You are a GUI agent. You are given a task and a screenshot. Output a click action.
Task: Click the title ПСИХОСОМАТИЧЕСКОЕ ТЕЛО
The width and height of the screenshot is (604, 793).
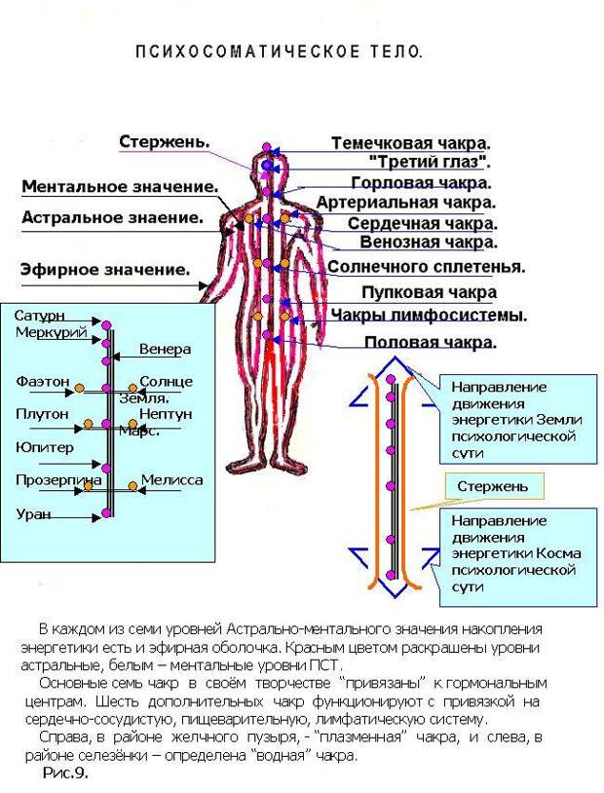(x=279, y=52)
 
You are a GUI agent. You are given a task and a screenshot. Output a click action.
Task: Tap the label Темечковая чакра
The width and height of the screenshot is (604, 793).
(x=411, y=143)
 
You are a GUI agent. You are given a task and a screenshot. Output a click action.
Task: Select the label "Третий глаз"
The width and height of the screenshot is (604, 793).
(x=430, y=163)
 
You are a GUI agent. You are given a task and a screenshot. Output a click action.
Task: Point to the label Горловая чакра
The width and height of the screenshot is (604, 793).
(x=421, y=182)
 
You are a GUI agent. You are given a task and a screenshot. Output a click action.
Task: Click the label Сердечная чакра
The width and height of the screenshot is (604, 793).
(x=423, y=223)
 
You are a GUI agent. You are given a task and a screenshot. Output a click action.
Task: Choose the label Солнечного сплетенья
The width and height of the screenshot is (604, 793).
(x=427, y=266)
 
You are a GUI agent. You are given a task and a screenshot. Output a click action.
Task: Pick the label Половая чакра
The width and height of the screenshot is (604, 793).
(x=431, y=342)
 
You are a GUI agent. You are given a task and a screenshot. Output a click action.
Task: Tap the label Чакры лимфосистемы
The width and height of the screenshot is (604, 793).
(x=429, y=315)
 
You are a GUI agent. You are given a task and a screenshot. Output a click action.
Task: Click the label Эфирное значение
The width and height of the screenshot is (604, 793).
(x=105, y=269)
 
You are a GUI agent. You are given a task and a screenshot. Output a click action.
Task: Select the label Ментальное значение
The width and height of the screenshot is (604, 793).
(x=120, y=186)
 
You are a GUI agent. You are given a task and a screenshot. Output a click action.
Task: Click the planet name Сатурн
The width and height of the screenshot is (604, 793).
(x=40, y=316)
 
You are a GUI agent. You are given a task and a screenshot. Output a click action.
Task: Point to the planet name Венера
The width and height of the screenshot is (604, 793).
(x=165, y=349)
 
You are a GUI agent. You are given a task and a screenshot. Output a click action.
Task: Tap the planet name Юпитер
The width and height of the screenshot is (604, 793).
(x=45, y=447)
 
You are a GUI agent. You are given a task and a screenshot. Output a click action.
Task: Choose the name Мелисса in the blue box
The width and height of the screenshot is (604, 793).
(x=172, y=480)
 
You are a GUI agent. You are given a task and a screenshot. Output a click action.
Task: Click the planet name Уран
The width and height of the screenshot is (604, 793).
(x=33, y=513)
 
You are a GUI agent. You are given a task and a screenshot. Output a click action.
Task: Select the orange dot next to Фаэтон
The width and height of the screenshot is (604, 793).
(x=79, y=388)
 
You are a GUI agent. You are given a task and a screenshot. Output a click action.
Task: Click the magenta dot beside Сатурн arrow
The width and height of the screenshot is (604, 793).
(x=106, y=324)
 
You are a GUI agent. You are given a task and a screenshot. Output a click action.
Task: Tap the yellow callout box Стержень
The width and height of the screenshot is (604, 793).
(x=494, y=486)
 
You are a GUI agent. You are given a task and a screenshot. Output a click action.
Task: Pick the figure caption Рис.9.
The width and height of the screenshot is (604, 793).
(x=65, y=773)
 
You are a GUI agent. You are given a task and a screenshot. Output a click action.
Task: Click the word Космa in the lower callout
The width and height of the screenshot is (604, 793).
(x=557, y=553)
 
